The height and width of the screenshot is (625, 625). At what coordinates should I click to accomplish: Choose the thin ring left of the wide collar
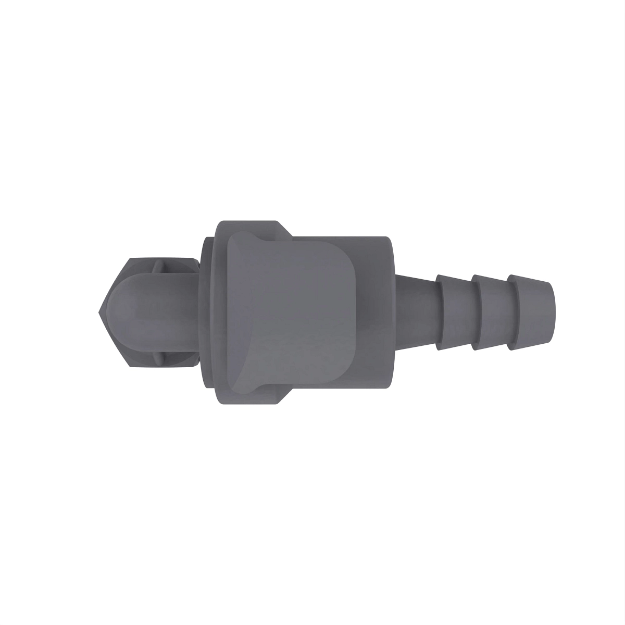pos(208,312)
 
